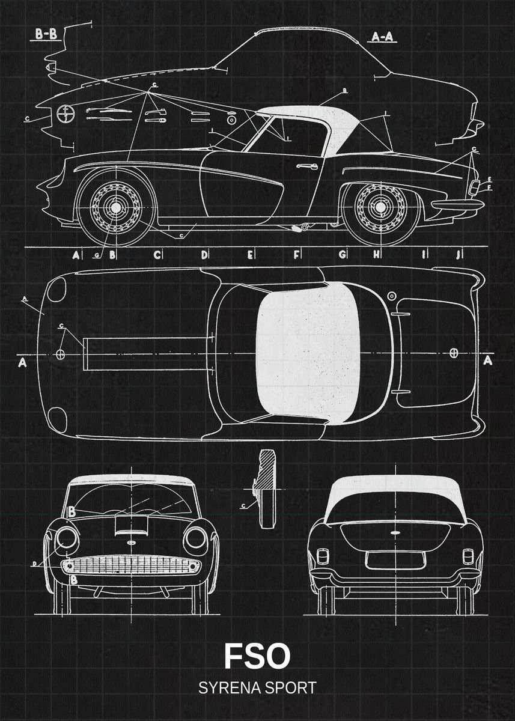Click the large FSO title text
(x=257, y=656)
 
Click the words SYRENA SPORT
(x=257, y=688)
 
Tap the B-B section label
(x=46, y=35)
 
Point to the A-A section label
(x=382, y=37)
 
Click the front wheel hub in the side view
(x=114, y=207)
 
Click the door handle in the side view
(x=306, y=166)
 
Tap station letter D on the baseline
(x=204, y=255)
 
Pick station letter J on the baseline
(x=459, y=255)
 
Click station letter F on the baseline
(x=297, y=255)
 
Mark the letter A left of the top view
(x=22, y=362)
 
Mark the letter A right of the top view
(x=488, y=360)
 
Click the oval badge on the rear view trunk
(x=396, y=534)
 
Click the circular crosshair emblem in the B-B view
(x=65, y=113)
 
